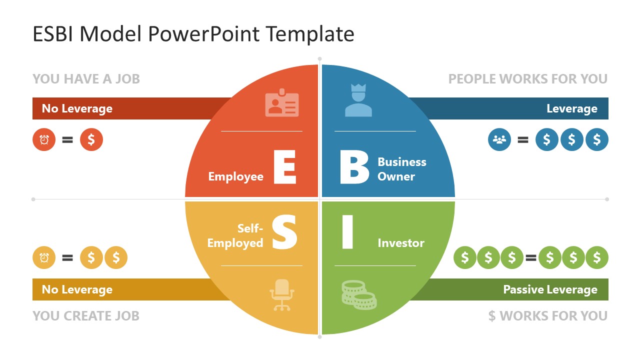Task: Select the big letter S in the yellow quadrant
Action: pos(284,232)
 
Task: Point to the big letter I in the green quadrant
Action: pos(347,232)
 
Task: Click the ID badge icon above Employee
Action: pos(281,103)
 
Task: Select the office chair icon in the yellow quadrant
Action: pos(282,295)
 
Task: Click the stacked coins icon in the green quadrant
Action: pos(359,295)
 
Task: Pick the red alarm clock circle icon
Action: pos(44,139)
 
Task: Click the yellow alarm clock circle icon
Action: pos(44,258)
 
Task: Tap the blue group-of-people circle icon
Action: pos(499,139)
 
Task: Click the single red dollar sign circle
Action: pos(91,139)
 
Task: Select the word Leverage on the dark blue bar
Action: pos(571,108)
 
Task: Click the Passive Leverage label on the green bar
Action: pos(550,289)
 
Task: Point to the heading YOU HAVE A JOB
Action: pos(86,79)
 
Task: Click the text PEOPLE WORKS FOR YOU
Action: pos(527,79)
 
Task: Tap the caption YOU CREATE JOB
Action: pos(86,316)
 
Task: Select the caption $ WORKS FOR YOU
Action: pos(547,316)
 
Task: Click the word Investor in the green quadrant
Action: pos(401,243)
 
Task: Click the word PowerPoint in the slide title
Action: pos(204,34)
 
